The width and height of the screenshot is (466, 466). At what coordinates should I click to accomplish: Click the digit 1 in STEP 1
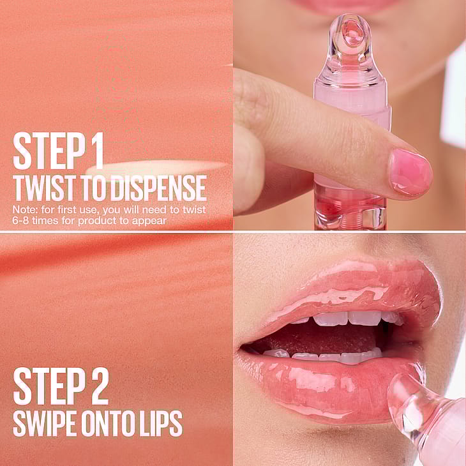[99, 151]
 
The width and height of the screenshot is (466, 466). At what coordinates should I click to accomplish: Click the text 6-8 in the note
[20, 221]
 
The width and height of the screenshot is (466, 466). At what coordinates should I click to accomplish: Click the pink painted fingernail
[410, 173]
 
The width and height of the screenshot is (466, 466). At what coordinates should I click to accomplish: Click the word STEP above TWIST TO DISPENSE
[49, 151]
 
